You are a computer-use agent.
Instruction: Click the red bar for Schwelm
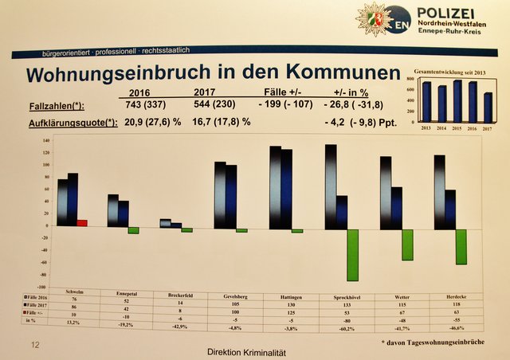point(82,223)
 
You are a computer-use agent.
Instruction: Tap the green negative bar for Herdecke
point(461,246)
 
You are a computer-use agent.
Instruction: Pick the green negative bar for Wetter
point(407,244)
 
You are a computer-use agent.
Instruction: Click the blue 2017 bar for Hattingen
point(287,189)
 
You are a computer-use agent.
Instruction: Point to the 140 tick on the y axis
point(45,140)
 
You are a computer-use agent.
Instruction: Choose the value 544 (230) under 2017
point(218,105)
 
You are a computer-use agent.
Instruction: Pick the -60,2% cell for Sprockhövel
point(345,327)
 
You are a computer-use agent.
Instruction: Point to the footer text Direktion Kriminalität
point(246,351)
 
